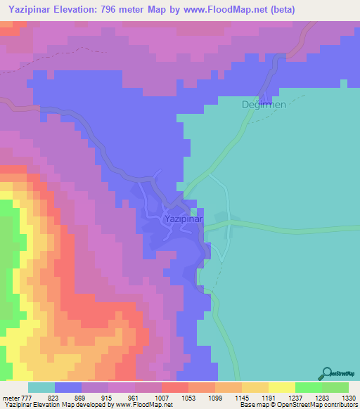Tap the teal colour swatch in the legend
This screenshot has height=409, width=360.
pyautogui.click(x=41, y=387)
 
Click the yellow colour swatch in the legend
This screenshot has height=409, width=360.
pyautogui.click(x=281, y=387)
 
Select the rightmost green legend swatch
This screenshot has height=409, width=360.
pyautogui.click(x=335, y=387)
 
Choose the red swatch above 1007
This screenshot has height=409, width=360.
pyautogui.click(x=174, y=387)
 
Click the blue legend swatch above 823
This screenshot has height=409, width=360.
pyautogui.click(x=68, y=387)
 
